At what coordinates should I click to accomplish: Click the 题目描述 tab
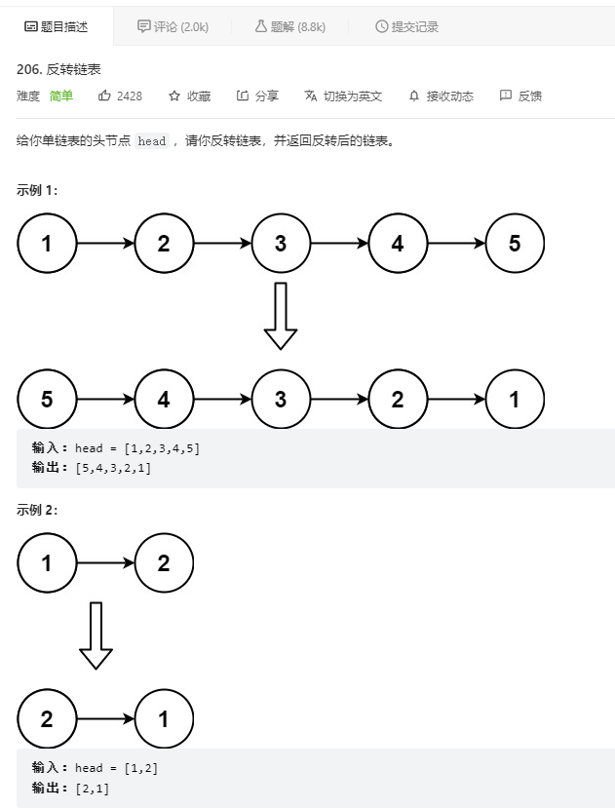pos(56,26)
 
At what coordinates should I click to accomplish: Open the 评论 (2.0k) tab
pos(173,26)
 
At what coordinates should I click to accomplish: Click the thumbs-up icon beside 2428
pos(105,96)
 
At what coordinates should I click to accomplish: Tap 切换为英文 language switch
pos(343,96)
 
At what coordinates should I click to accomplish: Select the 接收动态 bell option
pos(441,96)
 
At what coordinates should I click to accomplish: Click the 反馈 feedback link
pos(520,96)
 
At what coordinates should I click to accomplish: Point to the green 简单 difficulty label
pos(61,96)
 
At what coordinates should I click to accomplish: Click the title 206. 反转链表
pos(59,69)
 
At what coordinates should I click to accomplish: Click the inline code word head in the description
pos(152,141)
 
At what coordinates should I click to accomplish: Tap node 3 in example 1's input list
pos(281,244)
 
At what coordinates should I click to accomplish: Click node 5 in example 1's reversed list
pos(47,399)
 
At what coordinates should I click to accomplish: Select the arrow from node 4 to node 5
pos(456,244)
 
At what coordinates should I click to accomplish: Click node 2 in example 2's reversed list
pos(47,720)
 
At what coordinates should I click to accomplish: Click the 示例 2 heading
pos(37,510)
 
